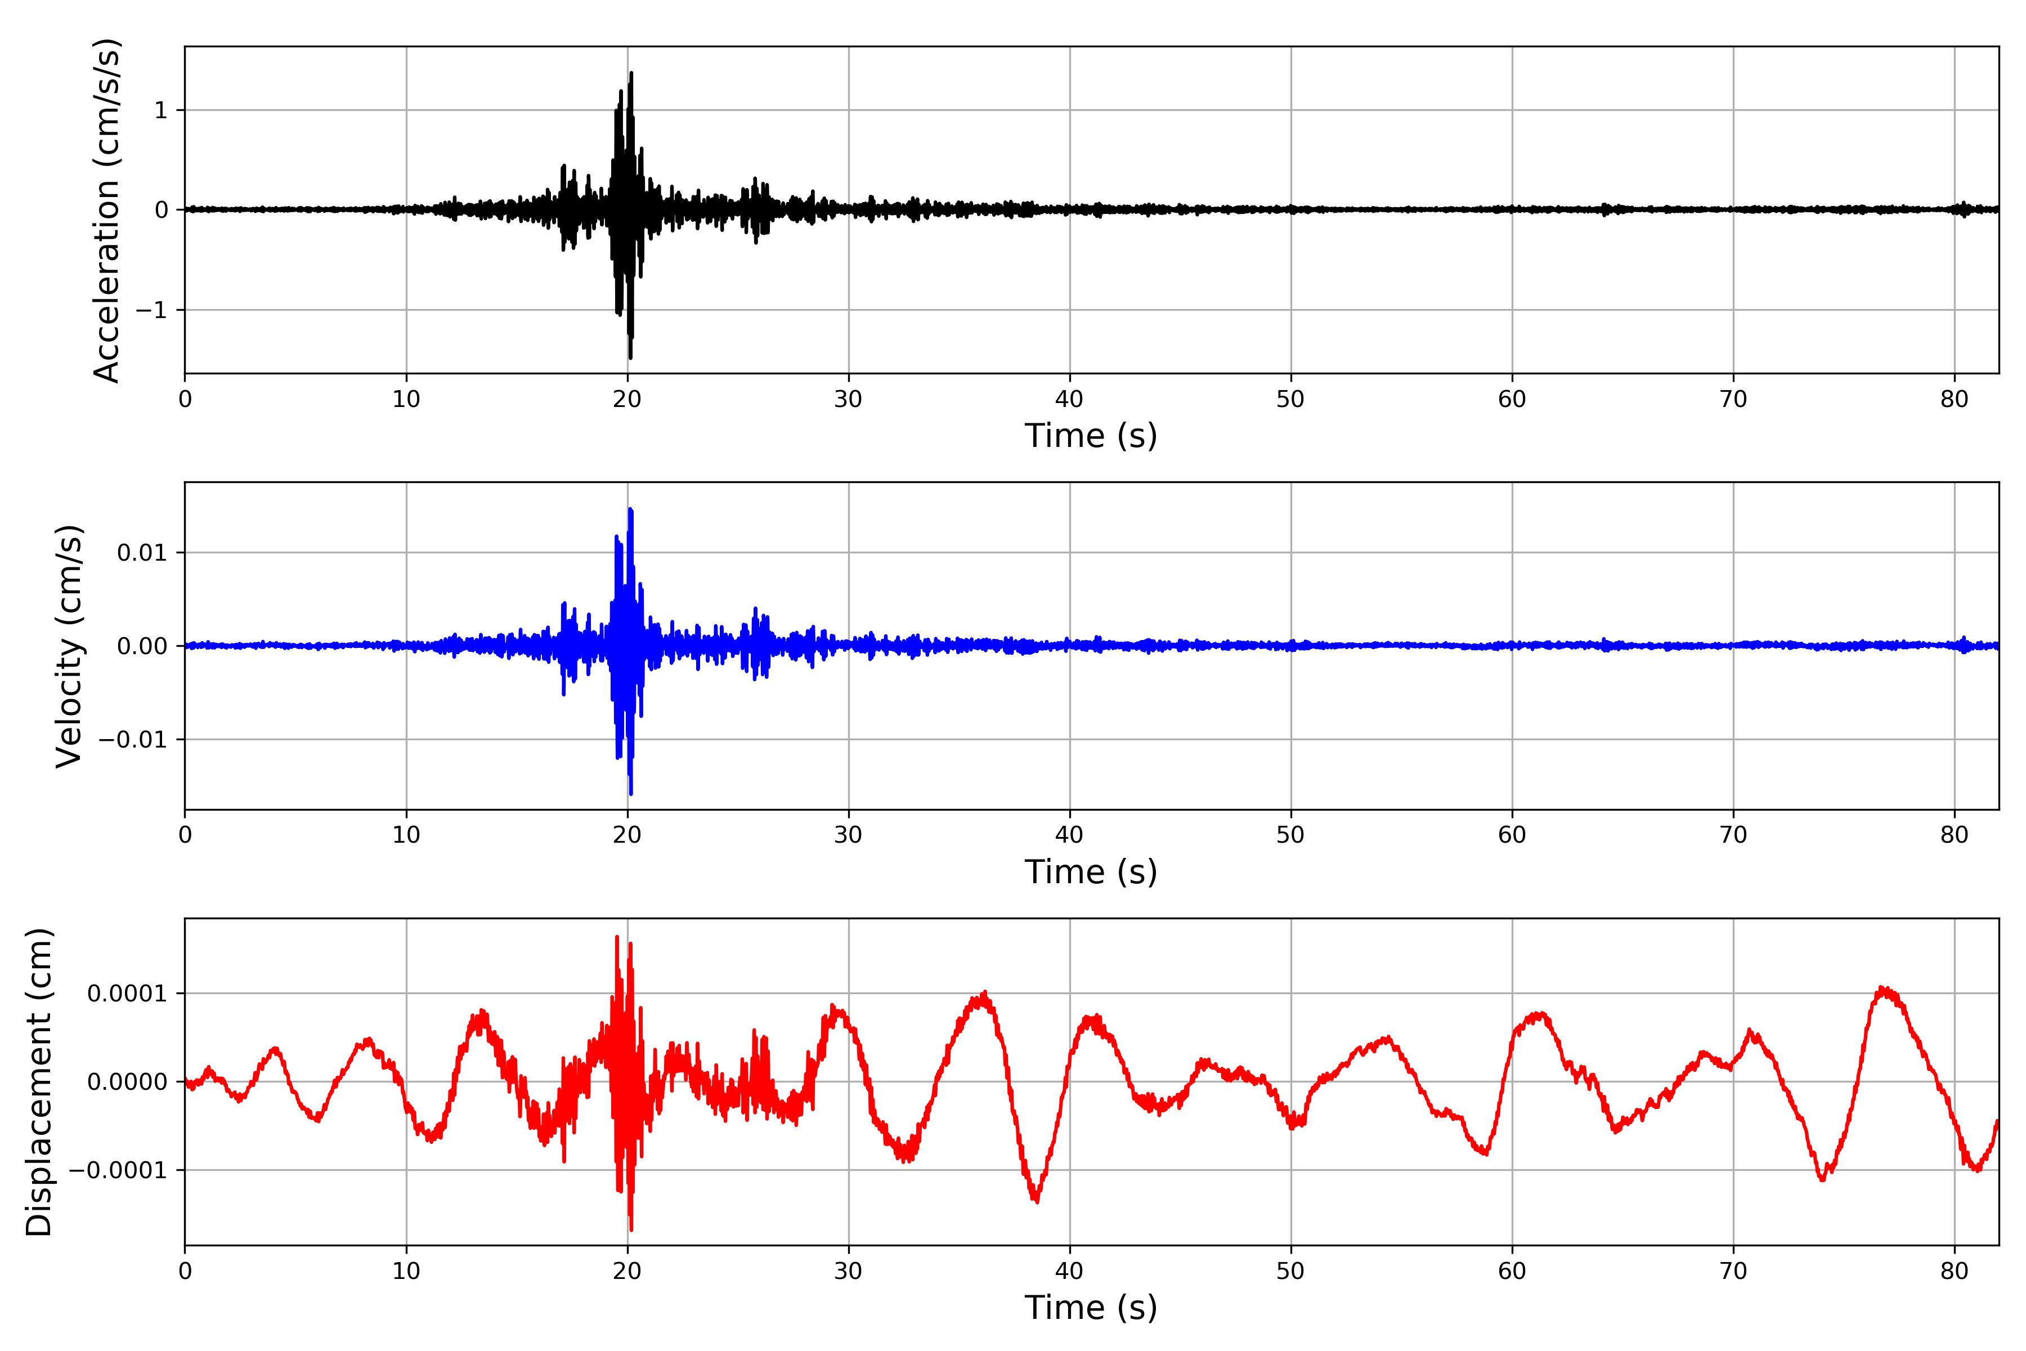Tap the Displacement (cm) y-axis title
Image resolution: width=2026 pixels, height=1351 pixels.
click(x=39, y=1082)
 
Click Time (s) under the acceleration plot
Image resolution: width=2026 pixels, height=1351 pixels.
click(x=1091, y=436)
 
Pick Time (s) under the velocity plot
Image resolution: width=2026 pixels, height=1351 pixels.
click(x=1091, y=872)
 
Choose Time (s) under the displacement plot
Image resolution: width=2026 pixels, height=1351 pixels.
click(x=1091, y=1308)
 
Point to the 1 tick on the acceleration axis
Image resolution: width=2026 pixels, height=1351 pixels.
click(x=160, y=110)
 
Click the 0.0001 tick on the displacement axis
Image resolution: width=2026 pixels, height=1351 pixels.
click(x=127, y=994)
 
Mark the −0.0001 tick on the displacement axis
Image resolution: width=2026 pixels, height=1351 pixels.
click(x=118, y=1171)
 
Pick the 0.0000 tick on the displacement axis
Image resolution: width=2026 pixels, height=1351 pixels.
click(x=127, y=1082)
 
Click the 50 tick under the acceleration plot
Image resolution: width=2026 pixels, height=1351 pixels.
click(x=1290, y=400)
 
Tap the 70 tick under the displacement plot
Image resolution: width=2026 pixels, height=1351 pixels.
click(x=1733, y=1272)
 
